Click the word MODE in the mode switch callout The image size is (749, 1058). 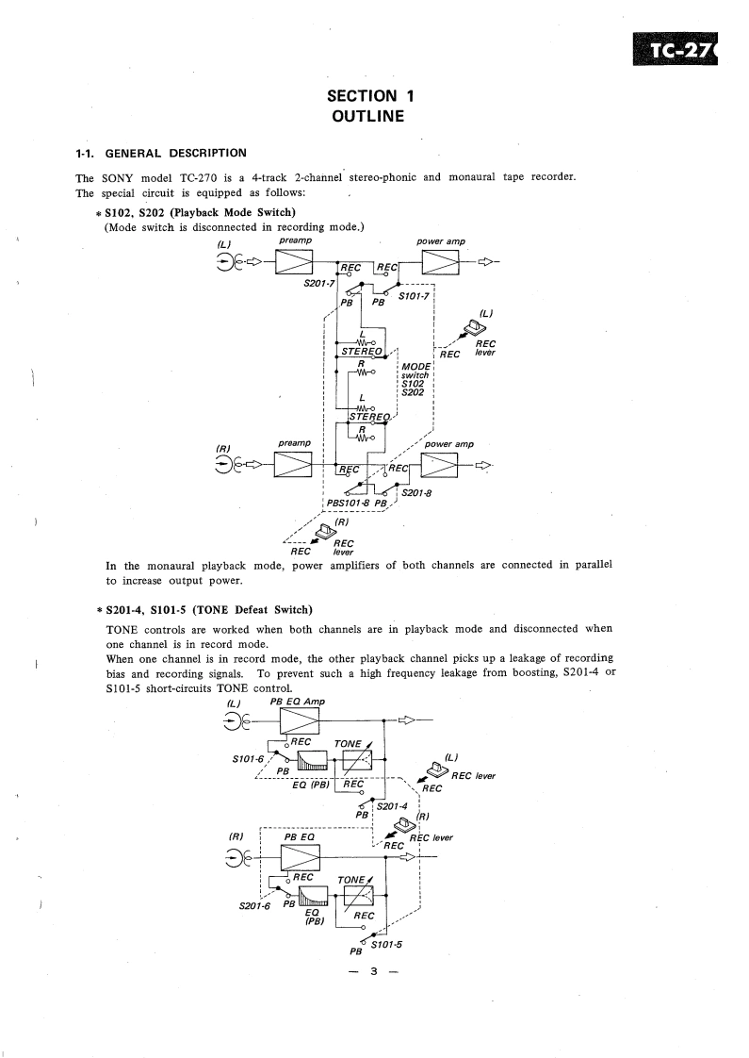pyautogui.click(x=415, y=366)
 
